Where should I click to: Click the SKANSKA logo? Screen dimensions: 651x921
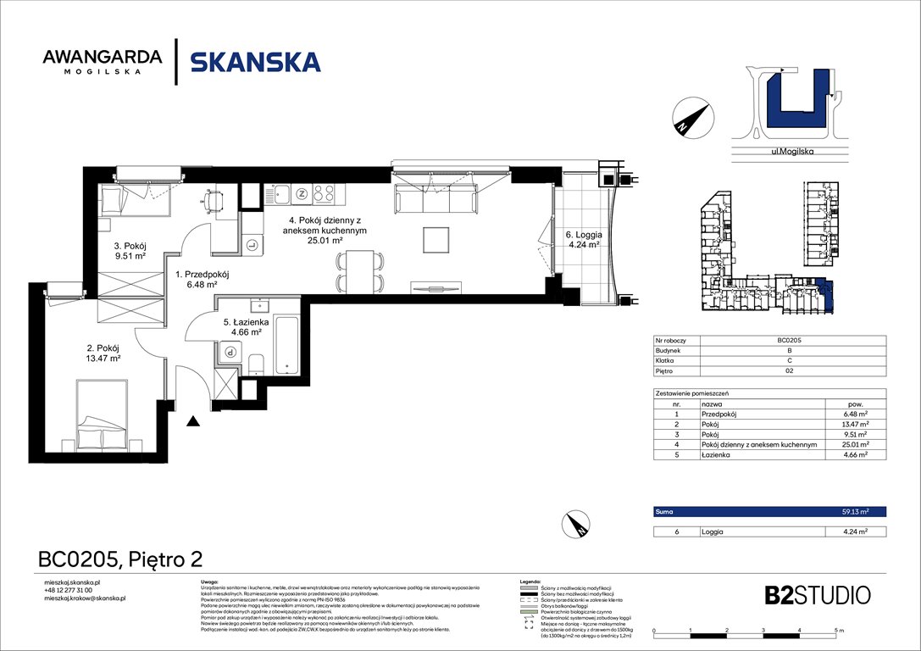(255, 62)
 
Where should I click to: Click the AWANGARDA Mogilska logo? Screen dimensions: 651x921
(102, 62)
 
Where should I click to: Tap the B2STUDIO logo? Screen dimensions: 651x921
(805, 594)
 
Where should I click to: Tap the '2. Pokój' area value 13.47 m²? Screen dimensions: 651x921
(102, 359)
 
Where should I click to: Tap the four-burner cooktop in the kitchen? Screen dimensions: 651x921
(324, 194)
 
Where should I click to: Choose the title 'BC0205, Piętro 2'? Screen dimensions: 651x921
(120, 559)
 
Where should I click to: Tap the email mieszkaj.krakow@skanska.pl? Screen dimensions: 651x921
(85, 598)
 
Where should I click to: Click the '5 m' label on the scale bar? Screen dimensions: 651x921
(839, 632)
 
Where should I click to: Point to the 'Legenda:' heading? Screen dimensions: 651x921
(531, 581)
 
